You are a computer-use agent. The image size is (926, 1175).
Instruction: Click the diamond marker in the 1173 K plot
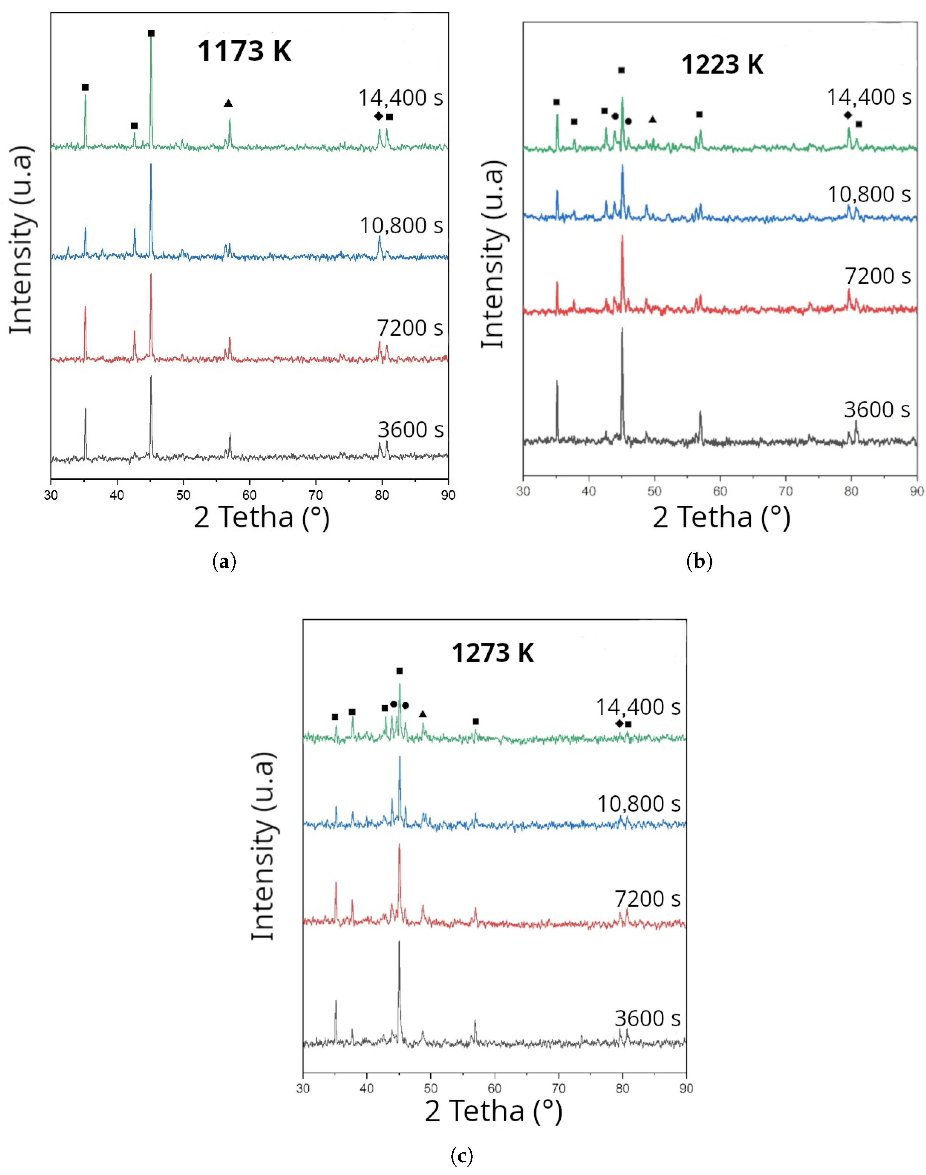pyautogui.click(x=379, y=116)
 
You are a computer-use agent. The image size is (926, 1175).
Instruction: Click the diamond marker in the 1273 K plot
pyautogui.click(x=619, y=724)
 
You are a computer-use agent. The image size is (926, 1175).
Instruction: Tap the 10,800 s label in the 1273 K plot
pyautogui.click(x=639, y=804)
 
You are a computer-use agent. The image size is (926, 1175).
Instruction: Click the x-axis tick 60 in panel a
pyautogui.click(x=249, y=495)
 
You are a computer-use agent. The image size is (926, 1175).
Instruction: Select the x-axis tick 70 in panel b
pyautogui.click(x=786, y=491)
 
